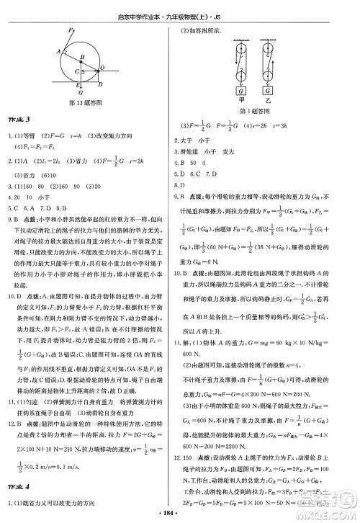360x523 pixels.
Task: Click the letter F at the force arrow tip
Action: pyautogui.click(x=70, y=32)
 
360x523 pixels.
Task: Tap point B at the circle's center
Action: pyautogui.click(x=82, y=57)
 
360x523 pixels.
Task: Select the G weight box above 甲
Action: pyautogui.click(x=238, y=91)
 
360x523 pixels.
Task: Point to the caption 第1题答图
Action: pyautogui.click(x=254, y=112)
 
